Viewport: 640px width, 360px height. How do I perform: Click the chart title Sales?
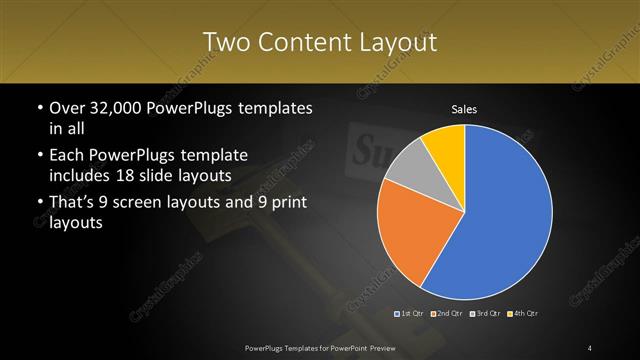[x=464, y=108]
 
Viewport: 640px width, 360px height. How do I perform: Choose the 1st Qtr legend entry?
[x=411, y=314]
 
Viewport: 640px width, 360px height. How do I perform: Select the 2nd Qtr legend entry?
[x=447, y=314]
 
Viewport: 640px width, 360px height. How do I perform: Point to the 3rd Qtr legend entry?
[x=485, y=314]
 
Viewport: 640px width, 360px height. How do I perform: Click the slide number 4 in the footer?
[x=590, y=347]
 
